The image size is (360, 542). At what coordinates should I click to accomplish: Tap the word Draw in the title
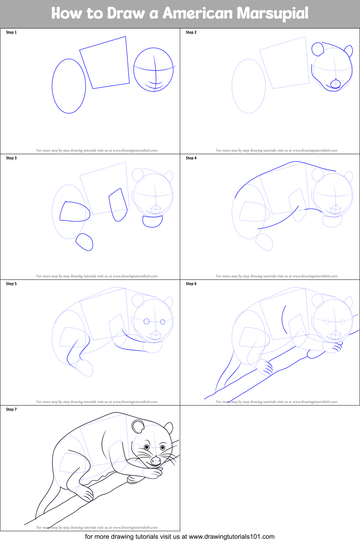click(x=125, y=14)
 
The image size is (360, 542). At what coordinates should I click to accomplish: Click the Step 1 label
click(x=11, y=32)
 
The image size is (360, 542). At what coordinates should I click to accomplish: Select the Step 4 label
click(x=191, y=158)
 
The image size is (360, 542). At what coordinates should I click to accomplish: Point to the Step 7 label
click(x=11, y=409)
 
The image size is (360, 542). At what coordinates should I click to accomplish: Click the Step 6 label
click(x=191, y=284)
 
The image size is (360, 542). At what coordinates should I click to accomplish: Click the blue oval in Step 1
click(x=69, y=86)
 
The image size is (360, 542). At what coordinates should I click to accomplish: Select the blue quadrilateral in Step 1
click(x=105, y=63)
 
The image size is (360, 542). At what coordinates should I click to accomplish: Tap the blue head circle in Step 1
click(x=154, y=70)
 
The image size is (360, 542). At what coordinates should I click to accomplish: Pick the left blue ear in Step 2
click(x=317, y=49)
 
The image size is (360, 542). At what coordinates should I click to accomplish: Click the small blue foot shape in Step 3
click(x=85, y=242)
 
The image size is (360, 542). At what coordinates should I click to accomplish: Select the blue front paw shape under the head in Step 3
click(x=152, y=221)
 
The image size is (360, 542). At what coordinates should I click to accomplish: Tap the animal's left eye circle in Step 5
click(x=147, y=321)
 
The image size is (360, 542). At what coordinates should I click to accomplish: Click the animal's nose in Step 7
click(x=156, y=461)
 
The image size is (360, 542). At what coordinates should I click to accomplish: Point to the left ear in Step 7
click(x=138, y=426)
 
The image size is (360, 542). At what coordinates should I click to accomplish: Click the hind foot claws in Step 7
click(x=87, y=495)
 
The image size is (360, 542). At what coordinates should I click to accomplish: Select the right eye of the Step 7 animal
click(x=163, y=447)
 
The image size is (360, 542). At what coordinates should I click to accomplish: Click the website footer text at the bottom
click(x=179, y=537)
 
